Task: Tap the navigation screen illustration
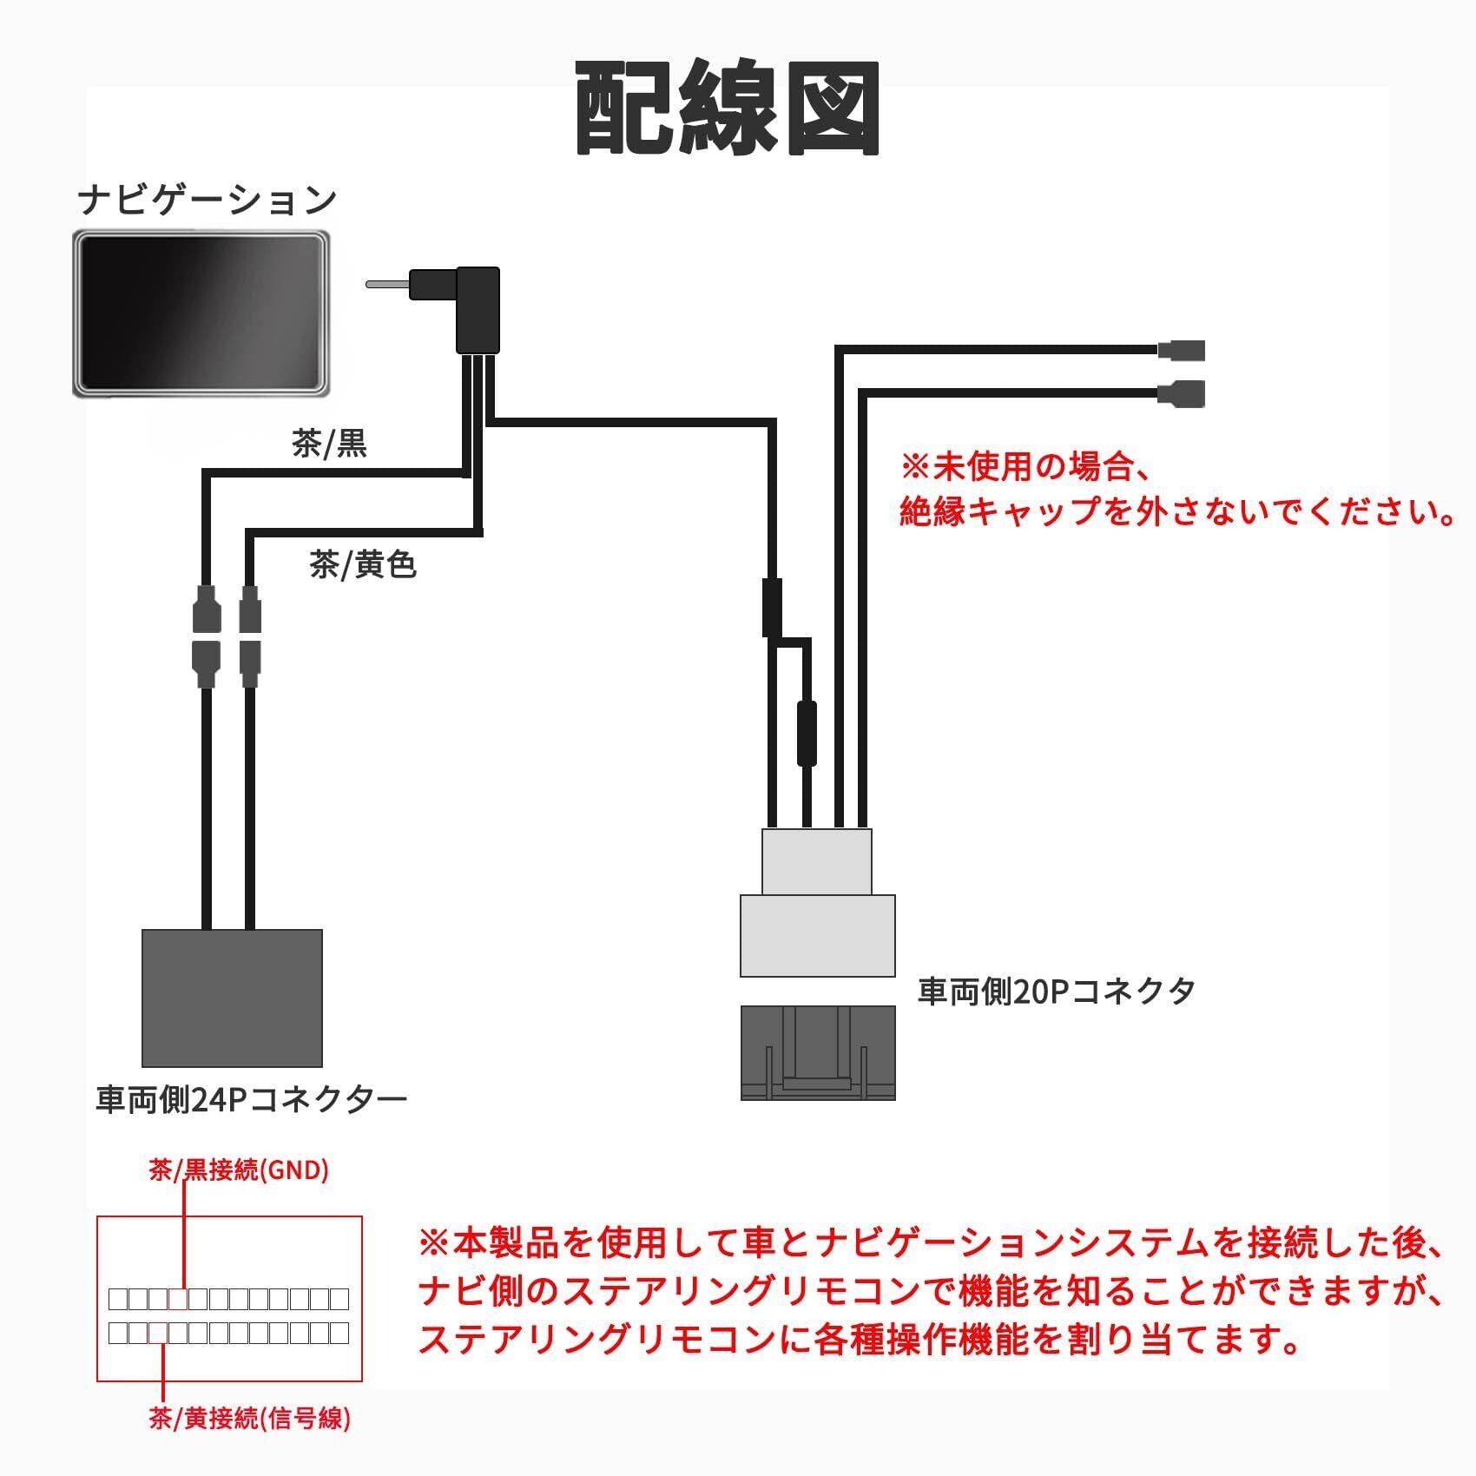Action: (201, 313)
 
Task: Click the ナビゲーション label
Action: (207, 200)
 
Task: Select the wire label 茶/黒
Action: (330, 444)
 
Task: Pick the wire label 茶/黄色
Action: (363, 565)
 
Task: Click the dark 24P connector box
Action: (232, 998)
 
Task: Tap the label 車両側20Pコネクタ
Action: (1057, 991)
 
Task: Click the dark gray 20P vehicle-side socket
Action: (818, 1052)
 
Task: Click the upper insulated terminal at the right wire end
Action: (1182, 350)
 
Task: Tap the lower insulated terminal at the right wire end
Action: (1182, 392)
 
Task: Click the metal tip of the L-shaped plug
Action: (387, 284)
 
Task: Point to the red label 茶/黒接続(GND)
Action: (239, 1170)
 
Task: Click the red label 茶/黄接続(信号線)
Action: (250, 1419)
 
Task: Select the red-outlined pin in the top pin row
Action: (178, 1299)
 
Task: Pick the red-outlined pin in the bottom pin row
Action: (158, 1332)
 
